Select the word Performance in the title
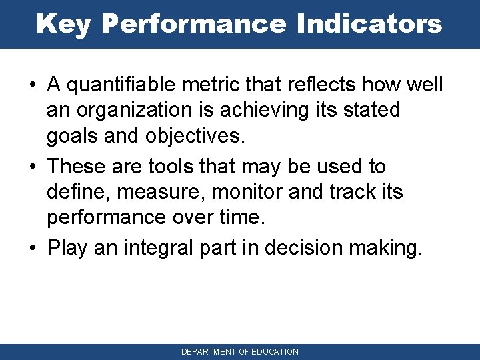click(192, 23)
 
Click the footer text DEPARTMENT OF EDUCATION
click(240, 351)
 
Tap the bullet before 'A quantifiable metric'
click(32, 86)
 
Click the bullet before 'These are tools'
click(32, 167)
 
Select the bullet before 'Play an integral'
click(32, 248)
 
